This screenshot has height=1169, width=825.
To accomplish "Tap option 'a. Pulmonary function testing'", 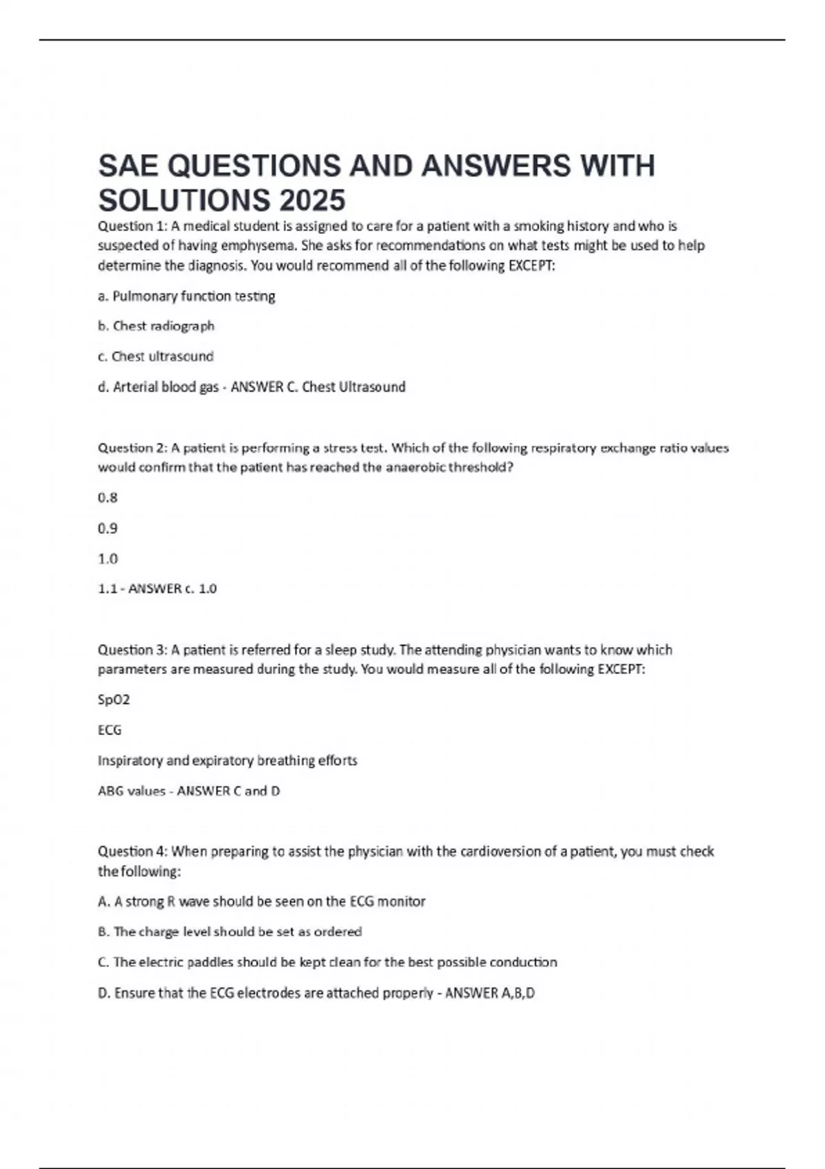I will (186, 296).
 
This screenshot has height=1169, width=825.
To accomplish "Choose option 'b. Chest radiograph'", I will (156, 326).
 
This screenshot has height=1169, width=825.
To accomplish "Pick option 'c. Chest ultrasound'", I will (155, 356).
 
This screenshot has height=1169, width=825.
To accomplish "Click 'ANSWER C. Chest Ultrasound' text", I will (318, 386).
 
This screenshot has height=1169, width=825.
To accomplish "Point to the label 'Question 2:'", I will (133, 448).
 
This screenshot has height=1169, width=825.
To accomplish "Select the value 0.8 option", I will (108, 498).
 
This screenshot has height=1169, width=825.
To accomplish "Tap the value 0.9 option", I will (108, 528).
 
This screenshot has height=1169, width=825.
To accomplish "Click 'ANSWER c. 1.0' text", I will (172, 589).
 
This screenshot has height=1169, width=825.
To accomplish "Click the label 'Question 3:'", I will (133, 650).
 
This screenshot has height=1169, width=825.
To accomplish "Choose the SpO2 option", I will (113, 700).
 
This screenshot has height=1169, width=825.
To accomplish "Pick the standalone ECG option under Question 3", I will (110, 730).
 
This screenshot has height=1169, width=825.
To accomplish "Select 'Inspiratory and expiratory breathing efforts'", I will (228, 761).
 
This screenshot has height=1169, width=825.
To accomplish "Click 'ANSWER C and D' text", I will (228, 791).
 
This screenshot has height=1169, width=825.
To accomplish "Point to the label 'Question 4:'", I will (133, 851).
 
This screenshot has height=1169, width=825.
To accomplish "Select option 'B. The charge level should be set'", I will (230, 932).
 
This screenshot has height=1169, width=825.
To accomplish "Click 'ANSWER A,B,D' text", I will (489, 993).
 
